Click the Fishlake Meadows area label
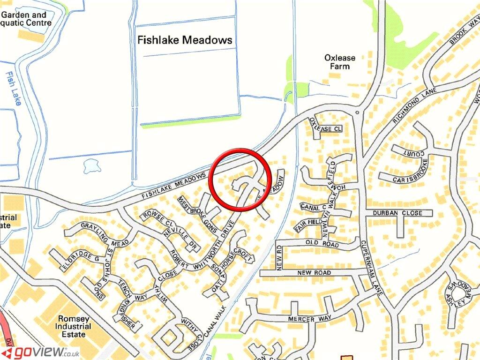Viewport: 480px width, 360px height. [185, 40]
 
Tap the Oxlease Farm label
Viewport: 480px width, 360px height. [340, 62]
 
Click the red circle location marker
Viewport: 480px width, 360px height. [241, 180]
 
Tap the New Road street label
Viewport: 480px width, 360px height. [317, 273]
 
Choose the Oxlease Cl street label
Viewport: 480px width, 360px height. [326, 128]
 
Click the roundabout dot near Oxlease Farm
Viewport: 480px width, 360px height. [358, 113]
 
